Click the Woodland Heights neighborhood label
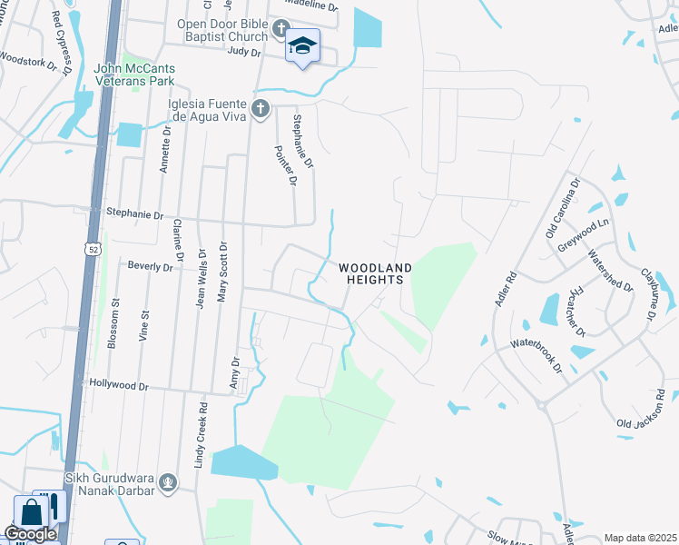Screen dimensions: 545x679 376,273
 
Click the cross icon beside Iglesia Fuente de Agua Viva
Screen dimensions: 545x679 261,109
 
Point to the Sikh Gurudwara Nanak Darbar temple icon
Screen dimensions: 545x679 166,481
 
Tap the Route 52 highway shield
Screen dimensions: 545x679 93,248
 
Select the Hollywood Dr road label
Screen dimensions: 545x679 119,385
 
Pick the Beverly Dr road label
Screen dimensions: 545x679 150,267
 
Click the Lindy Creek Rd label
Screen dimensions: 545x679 201,435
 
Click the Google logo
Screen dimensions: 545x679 30,534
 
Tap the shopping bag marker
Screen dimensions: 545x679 32,511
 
